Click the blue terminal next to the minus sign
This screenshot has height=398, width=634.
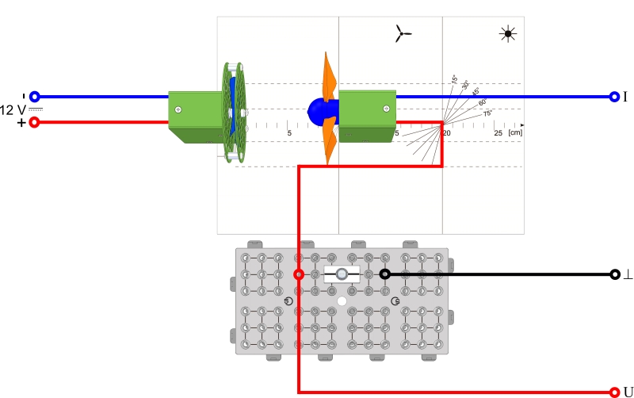(x=34, y=97)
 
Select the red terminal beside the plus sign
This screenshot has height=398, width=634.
(x=34, y=122)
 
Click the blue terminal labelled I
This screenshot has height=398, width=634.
(x=614, y=97)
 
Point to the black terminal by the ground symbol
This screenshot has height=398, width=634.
(x=614, y=274)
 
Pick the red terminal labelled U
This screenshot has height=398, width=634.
(x=614, y=392)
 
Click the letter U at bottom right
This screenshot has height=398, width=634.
(x=628, y=392)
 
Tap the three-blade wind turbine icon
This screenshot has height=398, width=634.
(x=403, y=33)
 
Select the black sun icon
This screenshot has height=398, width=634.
(x=506, y=33)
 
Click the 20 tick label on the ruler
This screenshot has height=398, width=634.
(x=446, y=132)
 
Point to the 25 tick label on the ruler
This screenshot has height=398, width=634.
(x=498, y=132)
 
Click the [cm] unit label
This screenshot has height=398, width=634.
(x=515, y=132)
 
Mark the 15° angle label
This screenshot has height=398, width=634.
(x=454, y=78)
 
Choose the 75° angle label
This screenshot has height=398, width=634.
(x=487, y=113)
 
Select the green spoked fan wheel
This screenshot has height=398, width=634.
(x=233, y=111)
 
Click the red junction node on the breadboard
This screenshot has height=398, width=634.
(x=298, y=274)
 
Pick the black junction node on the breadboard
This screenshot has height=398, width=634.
(x=384, y=274)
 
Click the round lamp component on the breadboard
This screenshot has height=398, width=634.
(x=342, y=274)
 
